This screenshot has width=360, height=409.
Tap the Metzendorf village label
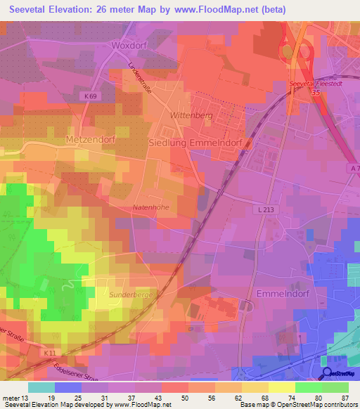tap(90, 140)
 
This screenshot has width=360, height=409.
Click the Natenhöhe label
tap(152, 208)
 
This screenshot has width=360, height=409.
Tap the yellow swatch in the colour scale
tap(281, 387)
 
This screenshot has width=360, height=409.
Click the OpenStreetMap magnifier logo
tap(327, 373)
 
